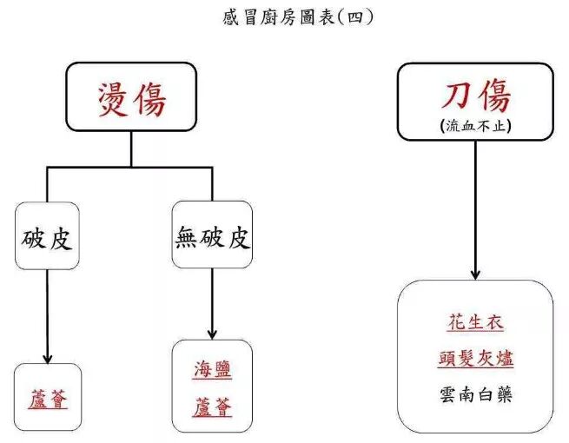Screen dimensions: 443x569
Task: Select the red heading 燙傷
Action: pos(131,101)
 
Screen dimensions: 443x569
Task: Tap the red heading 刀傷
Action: pos(475,95)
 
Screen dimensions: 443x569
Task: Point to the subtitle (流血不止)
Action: pos(475,125)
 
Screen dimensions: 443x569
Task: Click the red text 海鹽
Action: pos(212,372)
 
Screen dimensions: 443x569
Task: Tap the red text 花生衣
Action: pos(475,323)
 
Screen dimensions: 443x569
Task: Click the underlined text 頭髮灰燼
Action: pos(475,360)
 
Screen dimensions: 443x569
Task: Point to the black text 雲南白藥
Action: pos(475,395)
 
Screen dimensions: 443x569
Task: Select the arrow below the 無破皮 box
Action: pos(212,306)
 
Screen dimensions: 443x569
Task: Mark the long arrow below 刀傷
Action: pos(475,208)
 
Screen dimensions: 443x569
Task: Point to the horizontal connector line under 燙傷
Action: pos(130,167)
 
